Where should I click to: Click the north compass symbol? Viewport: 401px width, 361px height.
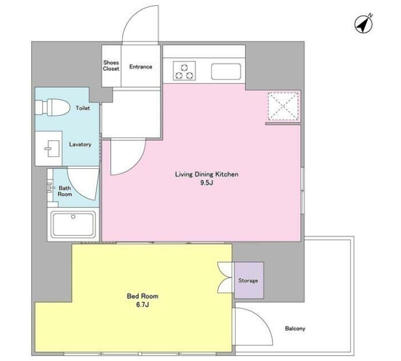pos(364,24)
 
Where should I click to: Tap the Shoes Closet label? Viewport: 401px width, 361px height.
pos(111,65)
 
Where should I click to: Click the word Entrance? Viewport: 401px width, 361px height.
pos(140,67)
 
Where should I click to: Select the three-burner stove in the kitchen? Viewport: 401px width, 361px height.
pos(184,71)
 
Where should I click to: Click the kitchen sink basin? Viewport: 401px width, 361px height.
pos(226,71)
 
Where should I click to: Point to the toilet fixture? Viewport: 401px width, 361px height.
pos(53,107)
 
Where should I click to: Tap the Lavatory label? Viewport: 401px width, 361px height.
pos(80,145)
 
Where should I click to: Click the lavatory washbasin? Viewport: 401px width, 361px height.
pos(52,148)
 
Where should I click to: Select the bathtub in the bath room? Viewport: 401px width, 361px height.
pos(73,224)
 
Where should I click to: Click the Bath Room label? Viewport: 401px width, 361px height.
pos(65,191)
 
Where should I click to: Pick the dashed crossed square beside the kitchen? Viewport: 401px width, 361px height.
pos(283,106)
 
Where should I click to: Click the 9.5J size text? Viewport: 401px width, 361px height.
pos(207,183)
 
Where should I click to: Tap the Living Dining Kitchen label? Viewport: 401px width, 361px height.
pos(207,174)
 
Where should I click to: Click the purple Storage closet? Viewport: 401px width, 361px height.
pos(249,280)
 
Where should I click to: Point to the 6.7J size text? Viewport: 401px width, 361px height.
pos(142,305)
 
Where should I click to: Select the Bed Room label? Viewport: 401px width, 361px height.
pos(142,296)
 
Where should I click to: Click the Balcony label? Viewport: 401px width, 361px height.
pos(295,328)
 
